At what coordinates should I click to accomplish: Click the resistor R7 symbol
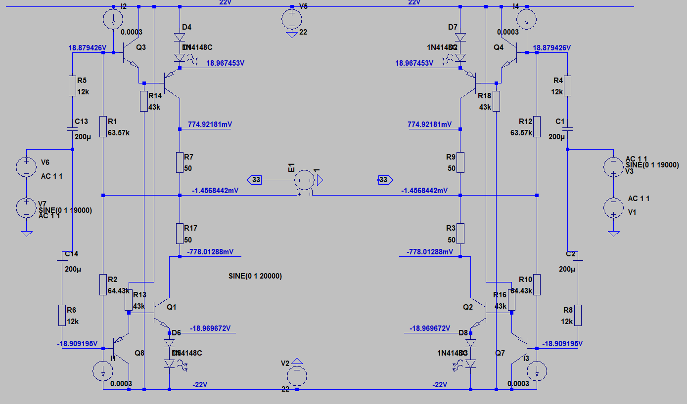click(180, 162)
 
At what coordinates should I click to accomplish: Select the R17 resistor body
click(180, 233)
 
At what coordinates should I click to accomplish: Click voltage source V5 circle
click(292, 20)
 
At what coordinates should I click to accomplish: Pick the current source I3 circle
click(537, 370)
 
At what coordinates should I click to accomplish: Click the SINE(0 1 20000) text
click(255, 276)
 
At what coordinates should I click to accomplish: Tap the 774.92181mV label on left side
click(210, 124)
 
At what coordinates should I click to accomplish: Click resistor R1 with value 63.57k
click(103, 126)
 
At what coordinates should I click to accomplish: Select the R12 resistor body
click(537, 126)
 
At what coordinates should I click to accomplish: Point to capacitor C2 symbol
click(577, 260)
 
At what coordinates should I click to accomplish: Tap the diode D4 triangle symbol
click(180, 37)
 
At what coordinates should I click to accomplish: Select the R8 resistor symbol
click(577, 315)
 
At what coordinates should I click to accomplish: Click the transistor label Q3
click(140, 47)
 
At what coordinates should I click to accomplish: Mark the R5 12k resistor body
click(73, 86)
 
